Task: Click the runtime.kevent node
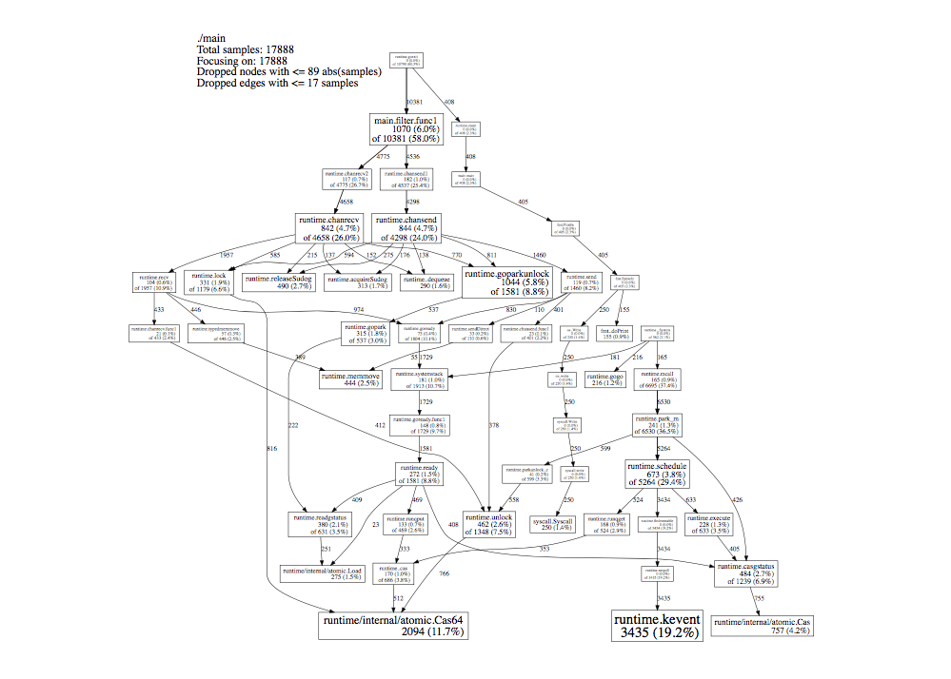click(657, 625)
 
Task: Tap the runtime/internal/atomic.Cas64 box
click(391, 624)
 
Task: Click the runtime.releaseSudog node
click(277, 281)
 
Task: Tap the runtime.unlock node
click(490, 526)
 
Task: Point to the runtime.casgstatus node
click(746, 573)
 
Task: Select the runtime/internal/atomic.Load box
click(319, 573)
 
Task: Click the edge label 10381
click(414, 101)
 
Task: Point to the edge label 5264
click(664, 448)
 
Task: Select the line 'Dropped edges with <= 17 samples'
click(277, 83)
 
